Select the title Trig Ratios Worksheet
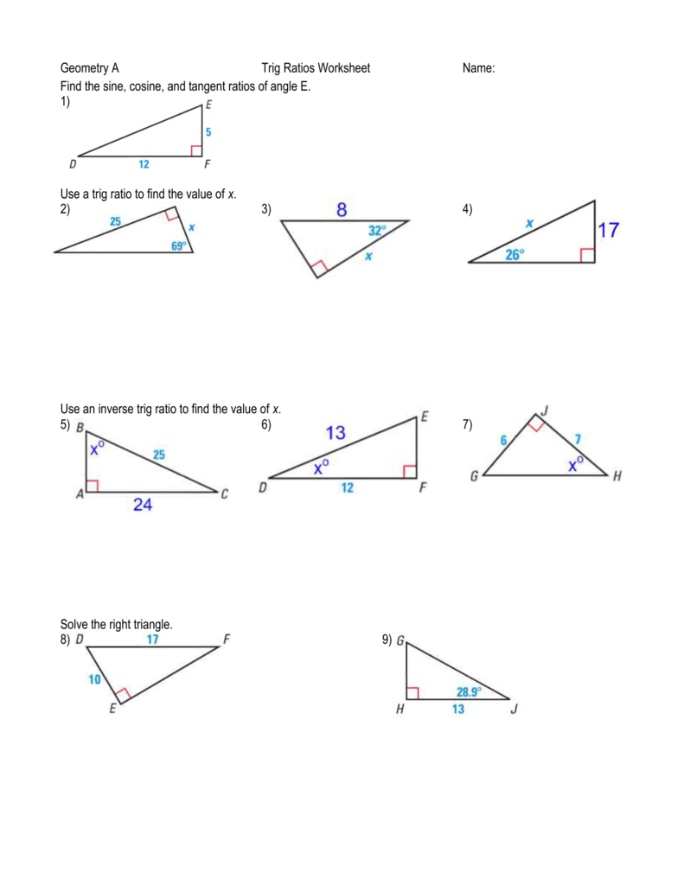[x=316, y=68]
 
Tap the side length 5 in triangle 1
[x=208, y=133]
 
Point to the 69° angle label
[x=179, y=245]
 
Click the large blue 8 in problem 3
[x=342, y=209]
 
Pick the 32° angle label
[x=377, y=231]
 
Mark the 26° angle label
[x=515, y=255]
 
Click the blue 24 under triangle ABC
[x=143, y=506]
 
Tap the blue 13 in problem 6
[x=336, y=433]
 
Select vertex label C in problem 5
[x=224, y=494]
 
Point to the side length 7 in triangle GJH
[x=577, y=440]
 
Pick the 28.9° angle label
[x=470, y=691]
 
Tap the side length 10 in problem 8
[x=95, y=680]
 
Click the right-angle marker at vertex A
[x=92, y=487]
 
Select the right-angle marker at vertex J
[x=536, y=424]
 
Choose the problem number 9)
[x=387, y=640]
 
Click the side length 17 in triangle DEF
[x=152, y=640]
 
